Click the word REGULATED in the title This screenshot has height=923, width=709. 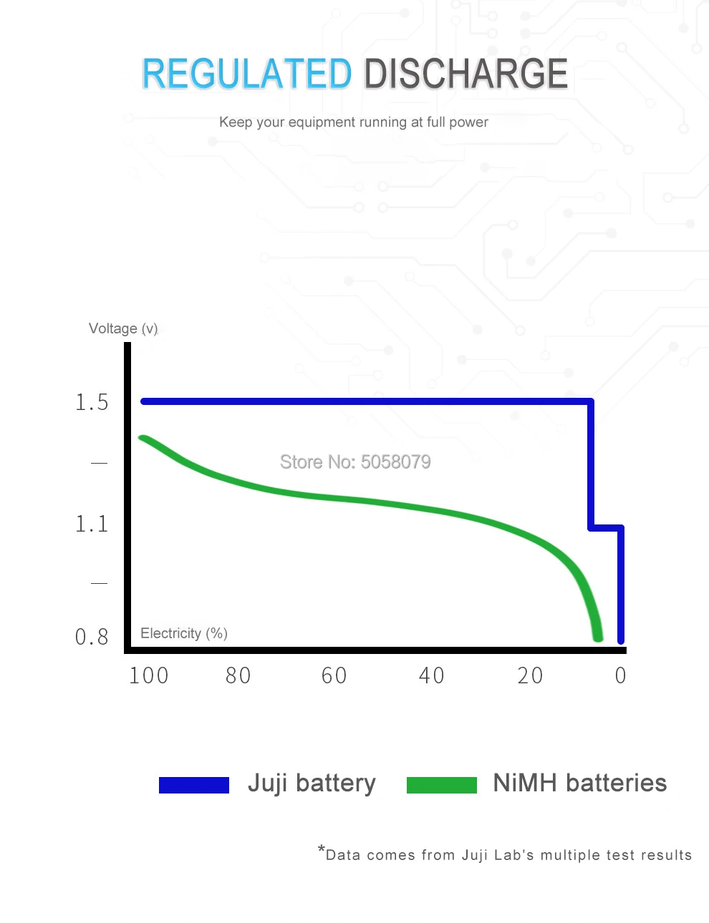(x=246, y=74)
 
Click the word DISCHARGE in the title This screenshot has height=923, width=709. (x=466, y=74)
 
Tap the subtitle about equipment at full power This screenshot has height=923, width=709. (x=354, y=122)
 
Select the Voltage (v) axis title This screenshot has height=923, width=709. (x=123, y=328)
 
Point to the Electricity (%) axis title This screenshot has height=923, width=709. (x=184, y=633)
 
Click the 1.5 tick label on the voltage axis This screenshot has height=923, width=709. (x=92, y=403)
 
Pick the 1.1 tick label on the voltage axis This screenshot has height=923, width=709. (x=92, y=524)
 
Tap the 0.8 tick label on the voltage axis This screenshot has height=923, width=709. (x=92, y=637)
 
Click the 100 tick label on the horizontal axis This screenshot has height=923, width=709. (x=149, y=675)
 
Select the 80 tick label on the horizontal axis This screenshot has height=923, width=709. (x=238, y=675)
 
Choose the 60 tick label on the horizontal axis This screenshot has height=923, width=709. (x=334, y=675)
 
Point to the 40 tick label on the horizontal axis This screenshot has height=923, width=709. (x=432, y=675)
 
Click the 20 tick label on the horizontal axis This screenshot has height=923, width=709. (x=531, y=675)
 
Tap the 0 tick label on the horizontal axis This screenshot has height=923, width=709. (x=621, y=675)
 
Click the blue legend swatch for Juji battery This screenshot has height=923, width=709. (x=194, y=785)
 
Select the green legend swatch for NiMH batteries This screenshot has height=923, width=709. (x=442, y=785)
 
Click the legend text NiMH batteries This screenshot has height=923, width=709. (x=580, y=783)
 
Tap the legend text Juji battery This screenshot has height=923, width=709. (x=312, y=783)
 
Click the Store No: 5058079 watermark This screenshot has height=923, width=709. (x=355, y=462)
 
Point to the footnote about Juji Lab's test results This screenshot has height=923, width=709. (x=506, y=854)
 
